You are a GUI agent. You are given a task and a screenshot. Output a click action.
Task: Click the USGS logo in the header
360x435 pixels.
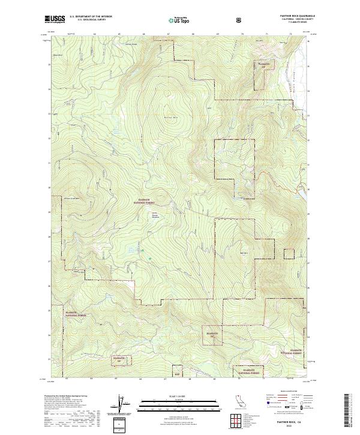pyautogui.click(x=56, y=19)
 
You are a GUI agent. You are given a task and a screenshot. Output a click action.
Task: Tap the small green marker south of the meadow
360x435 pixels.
pyautogui.click(x=143, y=251)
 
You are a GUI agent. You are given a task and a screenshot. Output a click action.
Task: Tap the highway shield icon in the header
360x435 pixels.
pyautogui.click(x=240, y=19)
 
